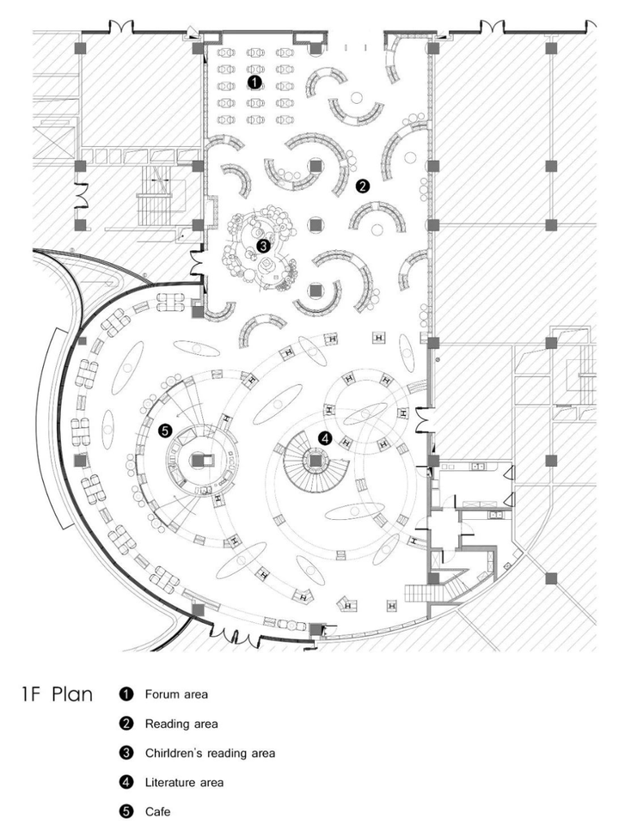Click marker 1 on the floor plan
255,82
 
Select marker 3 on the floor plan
263,246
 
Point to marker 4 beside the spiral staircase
325,438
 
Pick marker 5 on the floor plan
165,431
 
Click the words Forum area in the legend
176,694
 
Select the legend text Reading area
181,724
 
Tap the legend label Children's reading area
210,753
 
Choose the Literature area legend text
184,782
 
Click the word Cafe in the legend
157,811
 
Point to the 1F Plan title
57,694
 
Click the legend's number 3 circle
126,753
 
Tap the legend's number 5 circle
126,811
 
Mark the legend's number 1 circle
126,694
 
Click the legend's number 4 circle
126,782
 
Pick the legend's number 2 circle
126,724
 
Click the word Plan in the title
73,694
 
